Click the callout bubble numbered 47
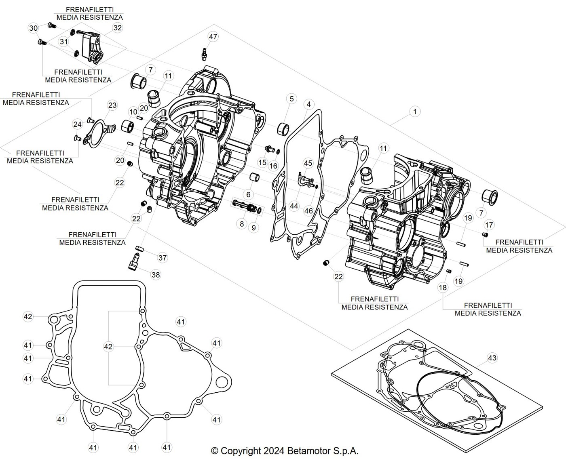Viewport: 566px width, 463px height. click(213, 36)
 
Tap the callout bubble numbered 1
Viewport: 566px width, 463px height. click(415, 112)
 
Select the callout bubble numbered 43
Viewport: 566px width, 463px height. click(492, 358)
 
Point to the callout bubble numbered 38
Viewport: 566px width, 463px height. click(156, 275)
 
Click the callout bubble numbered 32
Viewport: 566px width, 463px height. click(118, 27)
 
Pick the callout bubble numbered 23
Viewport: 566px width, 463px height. click(112, 105)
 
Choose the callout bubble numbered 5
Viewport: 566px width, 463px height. click(292, 99)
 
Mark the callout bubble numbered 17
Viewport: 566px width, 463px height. click(489, 225)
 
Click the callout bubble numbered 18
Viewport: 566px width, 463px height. click(443, 288)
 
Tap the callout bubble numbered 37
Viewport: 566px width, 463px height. click(163, 258)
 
